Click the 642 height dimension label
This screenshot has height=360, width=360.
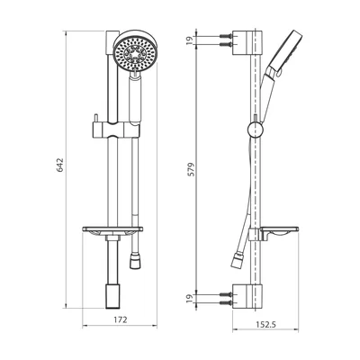pyautogui.click(x=60, y=165)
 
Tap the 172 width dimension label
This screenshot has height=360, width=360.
pyautogui.click(x=121, y=319)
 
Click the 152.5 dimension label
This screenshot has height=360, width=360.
pyautogui.click(x=265, y=324)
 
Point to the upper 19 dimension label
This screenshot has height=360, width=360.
pyautogui.click(x=189, y=40)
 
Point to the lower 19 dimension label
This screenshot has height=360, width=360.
pyautogui.click(x=189, y=299)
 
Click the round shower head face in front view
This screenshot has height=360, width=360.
pyautogui.click(x=135, y=53)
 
